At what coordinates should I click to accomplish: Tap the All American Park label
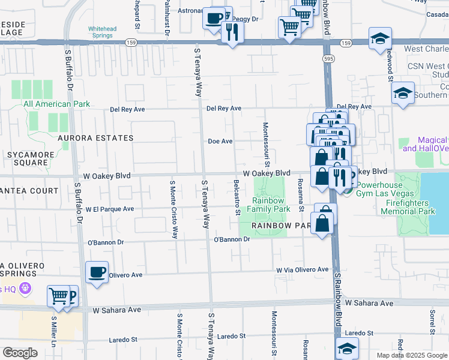56,104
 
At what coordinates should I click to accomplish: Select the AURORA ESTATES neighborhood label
95,138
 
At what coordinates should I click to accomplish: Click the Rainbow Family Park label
268,205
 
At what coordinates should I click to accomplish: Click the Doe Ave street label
220,142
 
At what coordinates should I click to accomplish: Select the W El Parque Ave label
109,209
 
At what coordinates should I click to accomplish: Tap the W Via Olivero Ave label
303,270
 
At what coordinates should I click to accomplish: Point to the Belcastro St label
237,197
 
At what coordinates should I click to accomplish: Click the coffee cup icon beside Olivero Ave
97,273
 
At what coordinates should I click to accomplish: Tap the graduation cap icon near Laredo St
348,347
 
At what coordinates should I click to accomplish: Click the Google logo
20,353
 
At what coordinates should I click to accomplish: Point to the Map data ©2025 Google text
412,355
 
